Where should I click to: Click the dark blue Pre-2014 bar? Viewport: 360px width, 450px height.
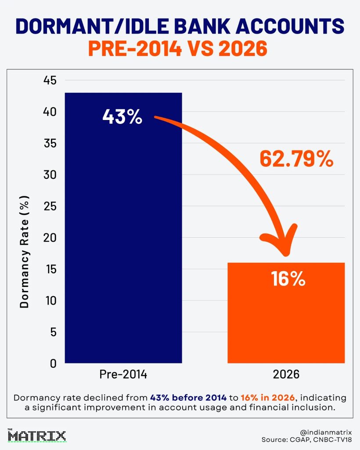[x=123, y=228]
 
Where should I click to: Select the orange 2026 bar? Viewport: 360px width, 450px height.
[x=286, y=313]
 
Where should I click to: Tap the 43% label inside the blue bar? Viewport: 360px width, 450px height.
[x=122, y=117]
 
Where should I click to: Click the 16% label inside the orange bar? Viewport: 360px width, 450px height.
[x=288, y=279]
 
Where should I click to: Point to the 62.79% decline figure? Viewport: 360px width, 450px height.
[x=297, y=159]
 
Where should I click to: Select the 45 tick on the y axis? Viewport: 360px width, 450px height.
[x=50, y=80]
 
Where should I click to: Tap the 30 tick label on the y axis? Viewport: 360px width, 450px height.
[x=50, y=174]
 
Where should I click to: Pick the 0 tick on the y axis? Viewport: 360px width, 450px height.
[x=53, y=363]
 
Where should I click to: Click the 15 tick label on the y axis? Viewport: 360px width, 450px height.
[x=50, y=269]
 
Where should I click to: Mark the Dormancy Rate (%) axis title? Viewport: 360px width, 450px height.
[x=24, y=252]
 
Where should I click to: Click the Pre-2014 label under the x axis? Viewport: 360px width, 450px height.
[x=123, y=374]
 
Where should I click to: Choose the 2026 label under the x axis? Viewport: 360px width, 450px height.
[x=286, y=374]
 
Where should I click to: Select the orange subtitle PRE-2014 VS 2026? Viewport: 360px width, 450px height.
[x=178, y=48]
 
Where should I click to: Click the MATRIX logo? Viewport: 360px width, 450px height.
[x=37, y=435]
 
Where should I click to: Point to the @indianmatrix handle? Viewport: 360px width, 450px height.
[x=326, y=432]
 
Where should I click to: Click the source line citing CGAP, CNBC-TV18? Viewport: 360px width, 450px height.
[x=306, y=439]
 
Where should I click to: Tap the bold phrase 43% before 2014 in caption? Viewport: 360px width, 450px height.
[x=188, y=398]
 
